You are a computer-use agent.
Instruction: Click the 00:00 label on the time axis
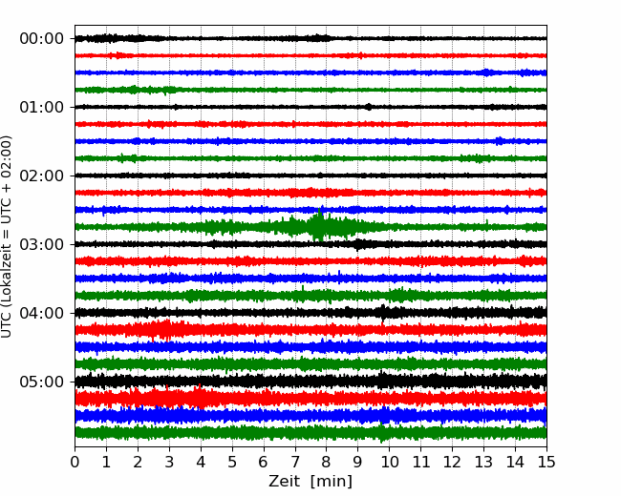[42, 39]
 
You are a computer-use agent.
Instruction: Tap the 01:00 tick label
[42, 107]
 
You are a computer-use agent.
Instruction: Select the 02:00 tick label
[42, 176]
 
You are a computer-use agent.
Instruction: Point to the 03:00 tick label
[42, 244]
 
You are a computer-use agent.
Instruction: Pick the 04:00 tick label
[42, 313]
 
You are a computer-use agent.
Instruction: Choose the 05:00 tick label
[42, 382]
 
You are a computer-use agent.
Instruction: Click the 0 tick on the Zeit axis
[75, 462]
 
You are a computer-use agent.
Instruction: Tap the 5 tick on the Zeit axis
[232, 462]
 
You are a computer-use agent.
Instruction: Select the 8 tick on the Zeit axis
[327, 462]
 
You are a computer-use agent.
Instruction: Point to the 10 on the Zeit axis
[389, 462]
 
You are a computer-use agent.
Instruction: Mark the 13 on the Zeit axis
[483, 462]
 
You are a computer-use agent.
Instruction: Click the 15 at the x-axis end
[546, 462]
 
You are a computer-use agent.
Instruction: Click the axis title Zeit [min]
[310, 482]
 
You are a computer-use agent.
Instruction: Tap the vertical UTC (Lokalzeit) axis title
[6, 237]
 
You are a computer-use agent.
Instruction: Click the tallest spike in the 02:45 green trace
[319, 225]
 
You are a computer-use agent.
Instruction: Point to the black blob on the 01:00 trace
[369, 107]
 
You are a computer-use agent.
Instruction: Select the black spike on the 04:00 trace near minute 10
[383, 313]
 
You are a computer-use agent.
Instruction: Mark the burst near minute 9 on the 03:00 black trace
[357, 244]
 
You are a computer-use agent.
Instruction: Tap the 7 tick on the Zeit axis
[295, 462]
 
